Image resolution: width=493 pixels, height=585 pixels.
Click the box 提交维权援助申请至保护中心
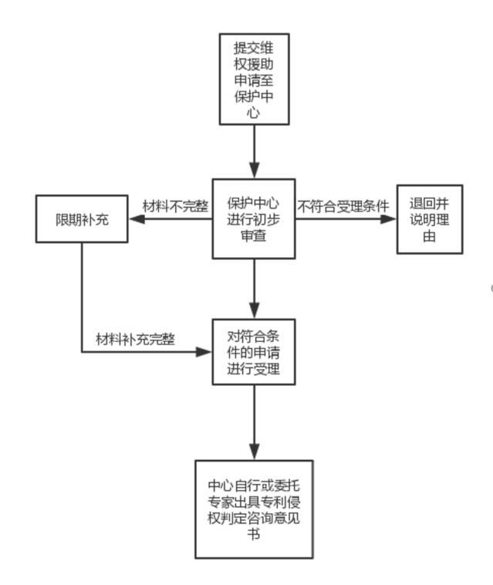(x=254, y=79)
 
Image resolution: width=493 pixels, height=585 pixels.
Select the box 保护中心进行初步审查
(x=254, y=219)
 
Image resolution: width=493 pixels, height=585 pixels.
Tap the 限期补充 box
(x=82, y=219)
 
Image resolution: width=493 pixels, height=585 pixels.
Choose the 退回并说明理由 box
(x=430, y=219)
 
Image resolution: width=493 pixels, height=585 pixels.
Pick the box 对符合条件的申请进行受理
(x=254, y=352)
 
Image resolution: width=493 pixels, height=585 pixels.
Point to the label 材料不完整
(x=175, y=206)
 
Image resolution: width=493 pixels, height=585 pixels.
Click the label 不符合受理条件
(x=343, y=206)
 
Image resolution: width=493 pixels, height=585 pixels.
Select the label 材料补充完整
(x=135, y=339)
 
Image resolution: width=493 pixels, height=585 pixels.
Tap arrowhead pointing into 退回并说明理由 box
(x=388, y=219)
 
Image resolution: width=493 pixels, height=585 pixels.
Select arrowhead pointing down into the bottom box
(x=254, y=452)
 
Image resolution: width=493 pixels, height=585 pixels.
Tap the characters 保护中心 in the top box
(x=254, y=98)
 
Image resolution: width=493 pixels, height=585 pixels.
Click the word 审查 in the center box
(x=254, y=237)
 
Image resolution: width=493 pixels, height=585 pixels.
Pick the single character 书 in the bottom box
(x=254, y=533)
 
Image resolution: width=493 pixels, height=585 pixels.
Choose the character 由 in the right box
(x=430, y=237)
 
